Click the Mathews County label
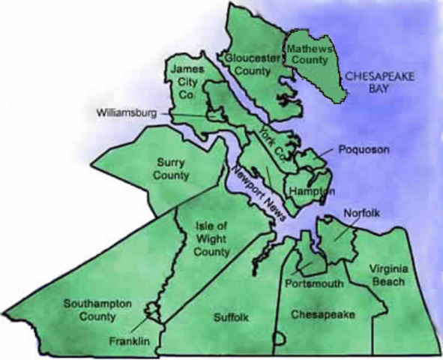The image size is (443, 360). [310, 52]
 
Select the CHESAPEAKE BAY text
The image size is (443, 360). [372, 82]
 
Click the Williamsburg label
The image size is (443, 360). [127, 113]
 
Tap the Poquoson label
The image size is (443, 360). [364, 149]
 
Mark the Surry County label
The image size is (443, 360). [172, 168]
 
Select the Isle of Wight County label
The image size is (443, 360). [211, 238]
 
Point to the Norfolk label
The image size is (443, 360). [362, 214]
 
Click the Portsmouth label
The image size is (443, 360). [314, 283]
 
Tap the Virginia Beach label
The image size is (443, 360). [386, 274]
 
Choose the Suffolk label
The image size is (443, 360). [229, 318]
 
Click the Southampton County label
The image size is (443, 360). [97, 310]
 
